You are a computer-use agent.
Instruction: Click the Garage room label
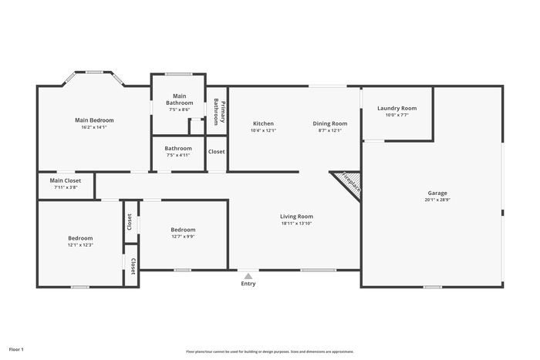(437, 193)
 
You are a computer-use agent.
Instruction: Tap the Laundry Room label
(397, 108)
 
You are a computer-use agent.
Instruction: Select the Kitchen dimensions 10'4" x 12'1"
(264, 130)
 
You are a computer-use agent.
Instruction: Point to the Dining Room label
(330, 123)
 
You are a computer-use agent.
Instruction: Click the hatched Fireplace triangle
(350, 183)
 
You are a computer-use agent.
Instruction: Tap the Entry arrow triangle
(248, 276)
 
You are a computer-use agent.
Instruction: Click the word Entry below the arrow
(248, 284)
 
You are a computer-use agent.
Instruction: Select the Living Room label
(296, 217)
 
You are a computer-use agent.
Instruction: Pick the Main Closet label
(66, 180)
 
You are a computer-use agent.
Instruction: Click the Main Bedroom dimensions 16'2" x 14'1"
(94, 127)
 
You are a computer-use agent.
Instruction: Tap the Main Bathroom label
(180, 99)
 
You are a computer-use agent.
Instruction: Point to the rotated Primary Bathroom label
(219, 112)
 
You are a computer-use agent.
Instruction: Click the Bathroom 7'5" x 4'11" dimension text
(178, 155)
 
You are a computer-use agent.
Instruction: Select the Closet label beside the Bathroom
(216, 151)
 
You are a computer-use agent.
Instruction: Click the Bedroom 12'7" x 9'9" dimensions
(184, 237)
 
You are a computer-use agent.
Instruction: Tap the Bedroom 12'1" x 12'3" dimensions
(80, 245)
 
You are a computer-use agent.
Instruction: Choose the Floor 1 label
(16, 349)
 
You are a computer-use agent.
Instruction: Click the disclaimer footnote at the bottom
(270, 352)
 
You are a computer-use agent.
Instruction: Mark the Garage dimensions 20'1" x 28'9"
(437, 200)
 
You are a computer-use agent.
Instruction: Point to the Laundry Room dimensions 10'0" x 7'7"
(397, 115)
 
